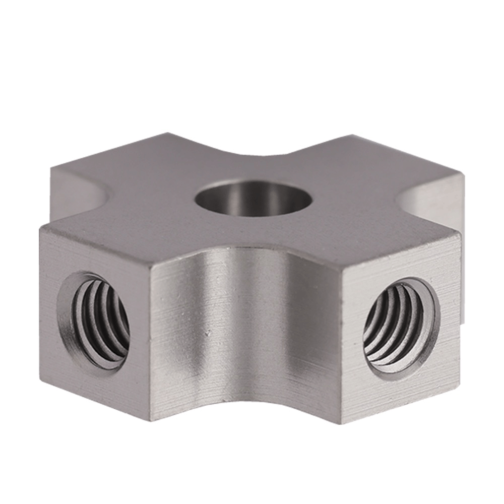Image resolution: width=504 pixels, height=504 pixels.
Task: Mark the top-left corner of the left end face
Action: [41, 228]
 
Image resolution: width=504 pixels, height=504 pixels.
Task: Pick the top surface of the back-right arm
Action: [383, 161]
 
